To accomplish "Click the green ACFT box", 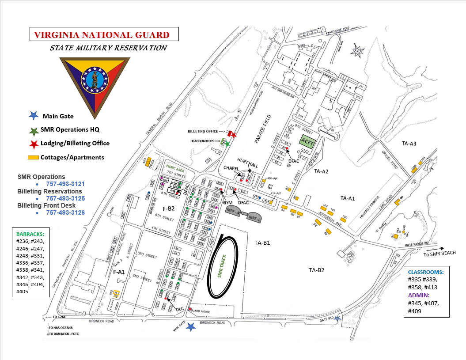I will tap(306, 141).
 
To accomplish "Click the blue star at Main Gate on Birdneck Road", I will tap(191, 327).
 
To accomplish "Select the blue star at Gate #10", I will tap(337, 318).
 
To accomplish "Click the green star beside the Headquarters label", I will tap(227, 144).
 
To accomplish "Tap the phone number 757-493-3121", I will tap(65, 184).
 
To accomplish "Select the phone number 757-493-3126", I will tap(65, 212).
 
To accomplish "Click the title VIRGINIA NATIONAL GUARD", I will tap(102, 34).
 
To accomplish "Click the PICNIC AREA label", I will tap(175, 168).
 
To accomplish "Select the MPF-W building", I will tap(234, 212).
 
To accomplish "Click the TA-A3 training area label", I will tap(409, 144).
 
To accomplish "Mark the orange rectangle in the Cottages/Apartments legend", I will tap(33, 157).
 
